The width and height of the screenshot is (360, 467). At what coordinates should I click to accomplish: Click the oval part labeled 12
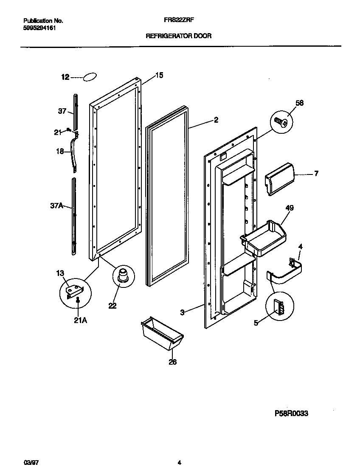pos(90,77)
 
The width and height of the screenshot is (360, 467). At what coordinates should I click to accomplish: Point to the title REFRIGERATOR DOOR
pos(178,37)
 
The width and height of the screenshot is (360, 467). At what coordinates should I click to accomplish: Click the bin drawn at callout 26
pos(162,335)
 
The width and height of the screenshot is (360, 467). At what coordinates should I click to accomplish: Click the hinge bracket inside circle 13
pos(75,291)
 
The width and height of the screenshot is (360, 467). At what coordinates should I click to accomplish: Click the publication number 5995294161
pos(39,28)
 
